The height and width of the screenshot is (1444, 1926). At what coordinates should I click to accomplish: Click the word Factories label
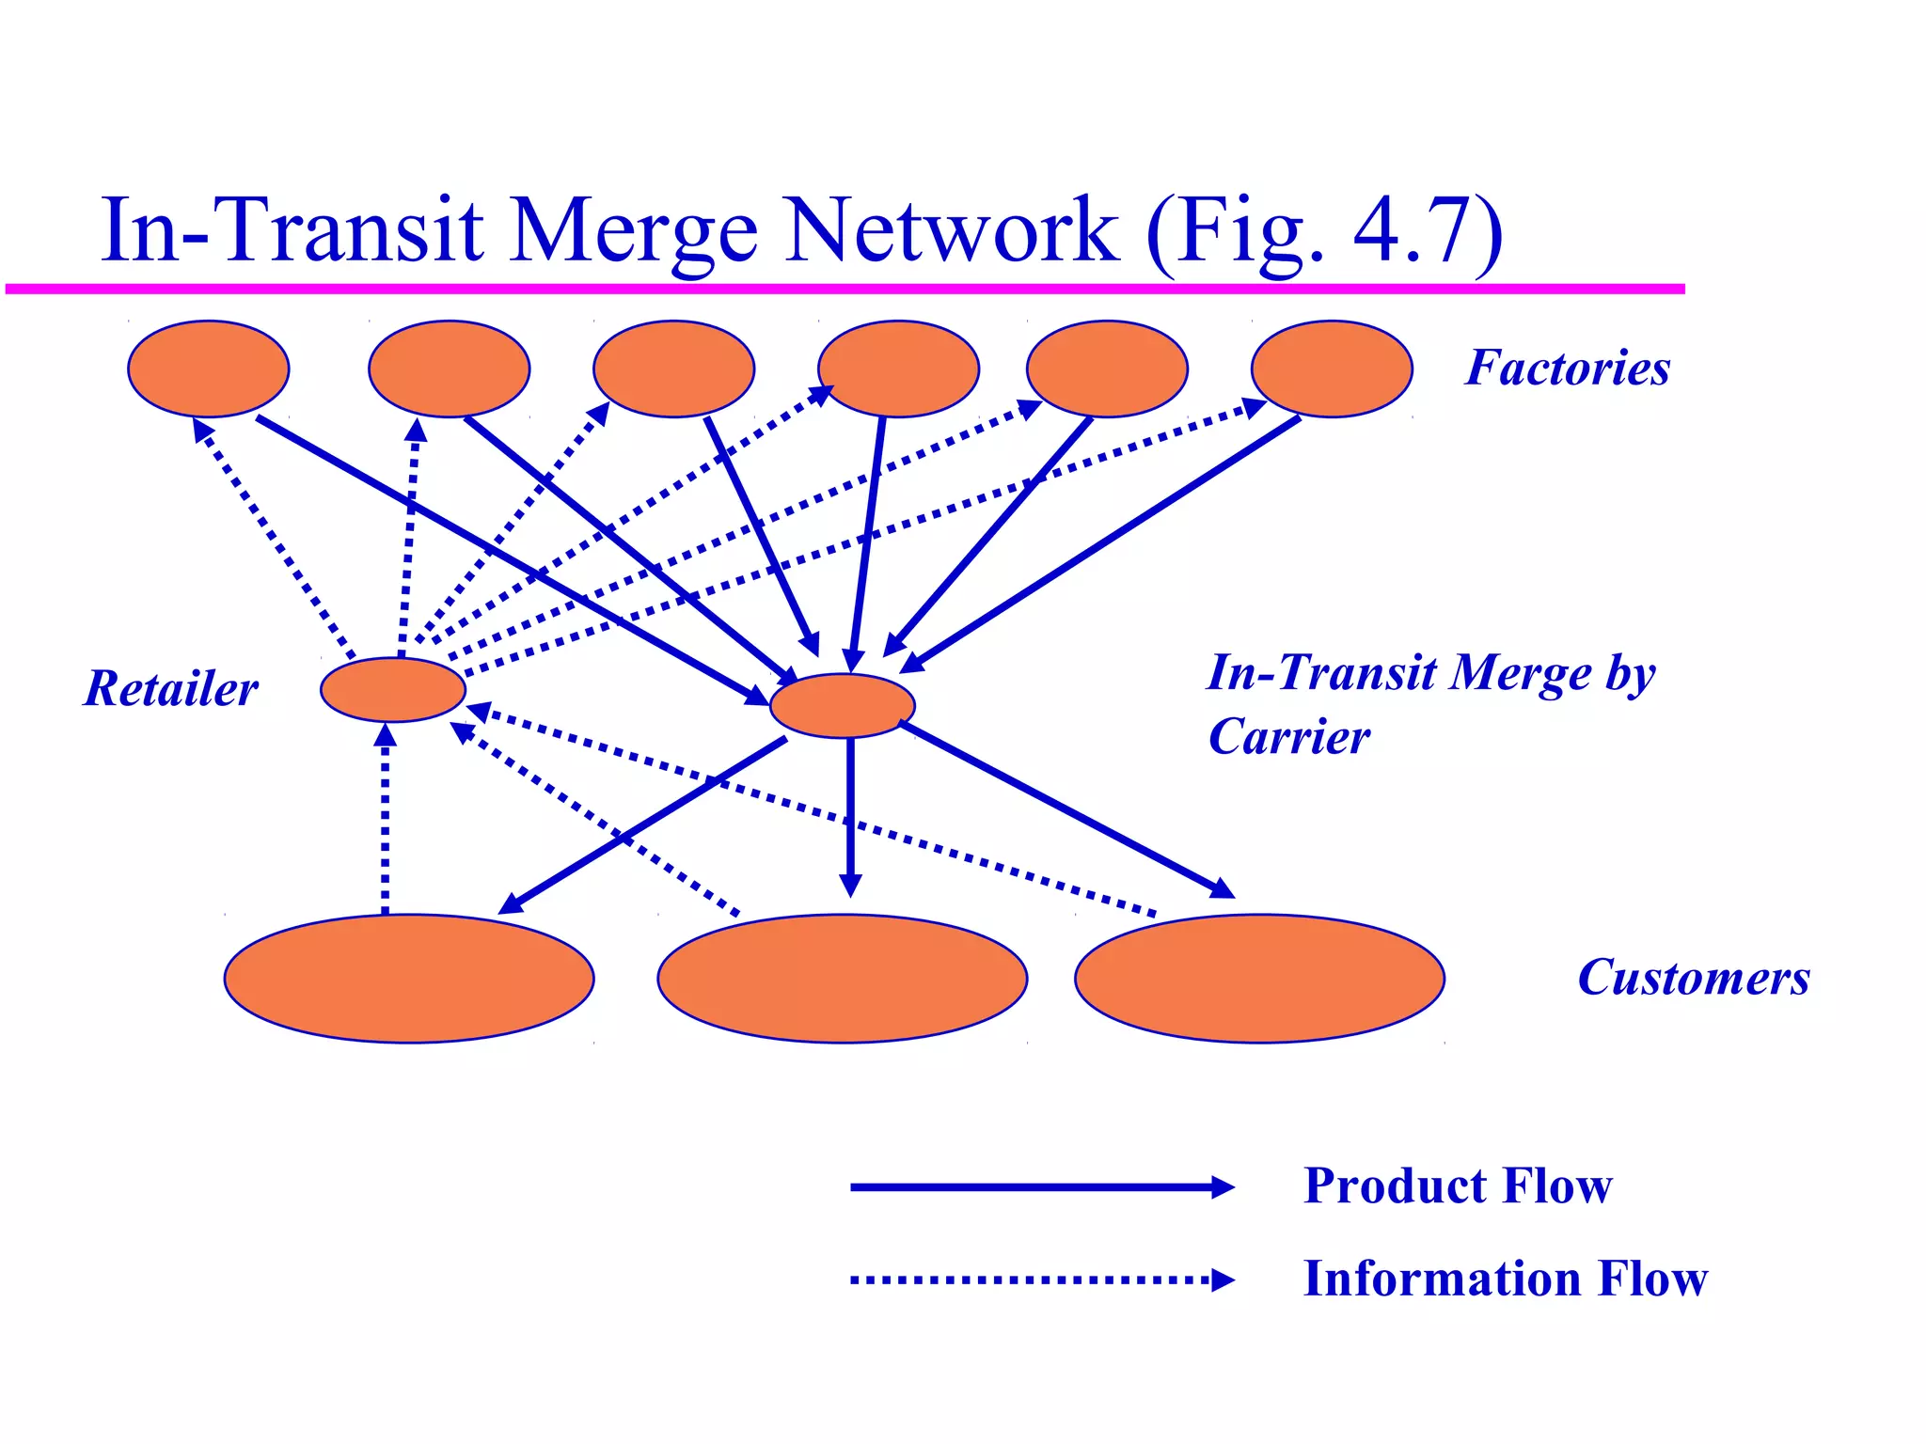coord(1568,368)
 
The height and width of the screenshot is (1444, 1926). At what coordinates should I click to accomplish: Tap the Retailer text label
coord(170,688)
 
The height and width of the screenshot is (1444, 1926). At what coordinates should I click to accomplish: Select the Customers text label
coord(1693,978)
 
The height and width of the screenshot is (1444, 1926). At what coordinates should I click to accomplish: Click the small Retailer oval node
coord(392,690)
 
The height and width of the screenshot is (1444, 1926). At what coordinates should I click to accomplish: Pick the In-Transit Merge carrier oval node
coord(842,706)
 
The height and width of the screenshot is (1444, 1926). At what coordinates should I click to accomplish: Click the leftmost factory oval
coord(208,369)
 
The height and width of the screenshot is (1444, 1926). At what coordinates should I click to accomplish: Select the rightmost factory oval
coord(1331,369)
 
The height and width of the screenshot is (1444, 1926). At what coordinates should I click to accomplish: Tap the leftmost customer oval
coord(408,978)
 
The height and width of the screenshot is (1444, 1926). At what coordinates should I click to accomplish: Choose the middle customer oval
coord(842,978)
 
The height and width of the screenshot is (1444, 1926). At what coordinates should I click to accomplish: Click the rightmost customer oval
coord(1258,978)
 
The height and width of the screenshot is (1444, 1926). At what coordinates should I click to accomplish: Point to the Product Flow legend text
coord(1457,1185)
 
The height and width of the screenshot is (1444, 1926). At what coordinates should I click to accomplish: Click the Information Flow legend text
coord(1505,1279)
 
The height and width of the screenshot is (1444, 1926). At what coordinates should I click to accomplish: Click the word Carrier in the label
coord(1288,736)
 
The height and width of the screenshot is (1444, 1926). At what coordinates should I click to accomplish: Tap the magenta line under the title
coord(846,289)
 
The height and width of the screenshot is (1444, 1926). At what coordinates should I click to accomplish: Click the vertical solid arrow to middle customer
coord(850,818)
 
